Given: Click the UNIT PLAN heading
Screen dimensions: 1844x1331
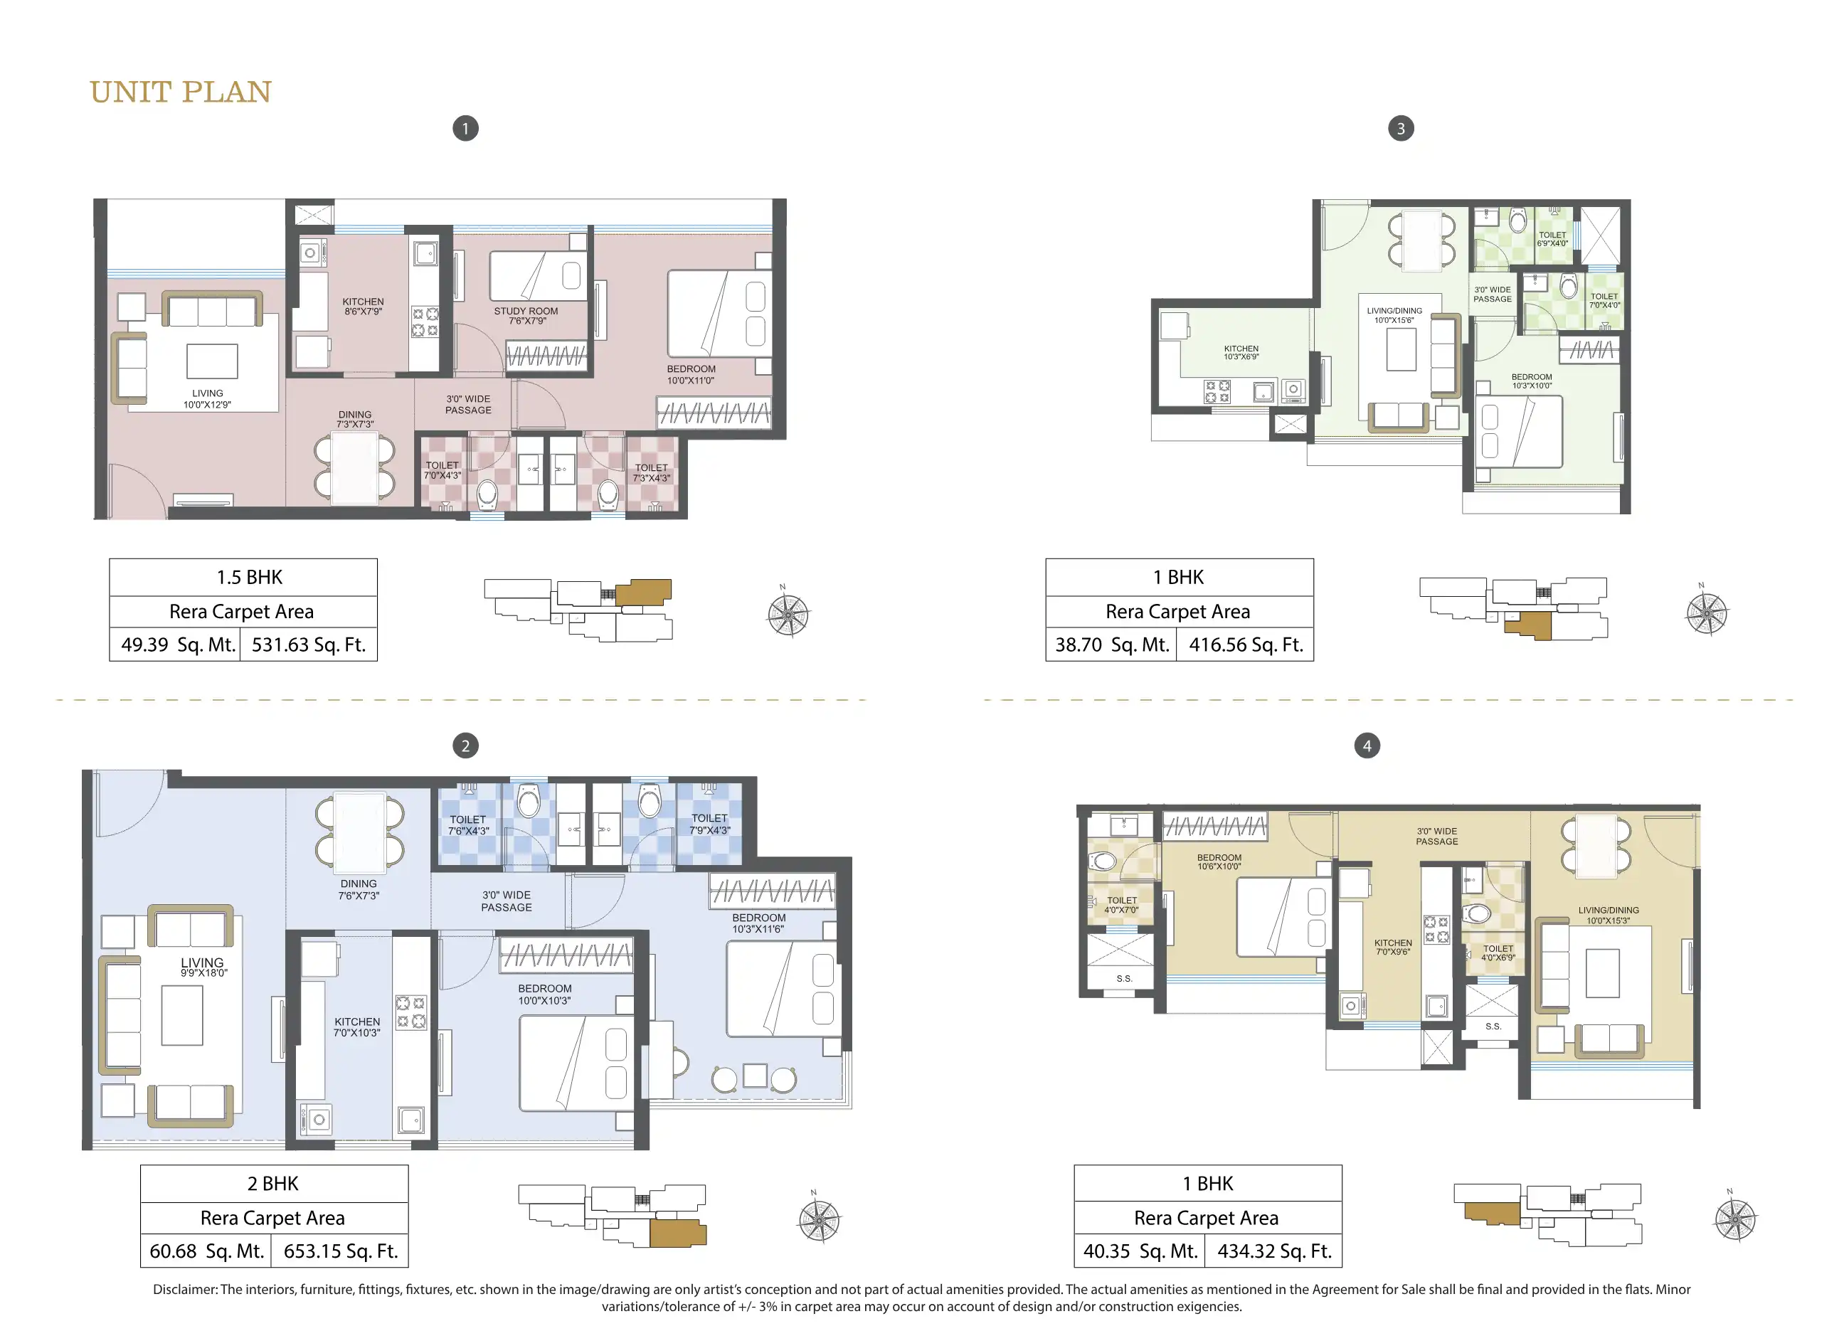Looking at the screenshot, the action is coord(181,92).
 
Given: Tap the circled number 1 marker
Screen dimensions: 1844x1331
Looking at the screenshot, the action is coord(465,129).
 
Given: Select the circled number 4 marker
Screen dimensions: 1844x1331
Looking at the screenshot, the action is coord(1367,746).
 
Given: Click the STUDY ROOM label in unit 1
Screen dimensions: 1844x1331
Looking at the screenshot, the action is coord(526,311).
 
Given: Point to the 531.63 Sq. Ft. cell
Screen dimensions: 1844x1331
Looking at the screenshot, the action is coord(309,645).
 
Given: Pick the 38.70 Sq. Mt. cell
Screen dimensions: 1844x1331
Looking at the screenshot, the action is coord(1111,645).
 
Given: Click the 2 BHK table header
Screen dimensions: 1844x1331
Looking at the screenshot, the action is coord(274,1184).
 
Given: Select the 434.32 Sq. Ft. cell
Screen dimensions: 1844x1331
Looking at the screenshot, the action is coord(1274,1251).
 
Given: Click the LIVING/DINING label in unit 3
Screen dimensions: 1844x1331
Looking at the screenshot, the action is coord(1394,311).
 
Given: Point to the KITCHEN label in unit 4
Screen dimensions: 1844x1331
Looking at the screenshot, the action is coord(1393,943).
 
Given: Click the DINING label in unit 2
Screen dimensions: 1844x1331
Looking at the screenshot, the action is coord(359,884).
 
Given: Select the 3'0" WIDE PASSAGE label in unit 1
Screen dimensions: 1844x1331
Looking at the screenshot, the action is coord(468,405).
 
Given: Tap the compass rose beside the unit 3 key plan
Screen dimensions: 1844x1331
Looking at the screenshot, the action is coord(1707,613).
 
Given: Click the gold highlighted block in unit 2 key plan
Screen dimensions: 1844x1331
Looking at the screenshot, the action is coord(678,1234).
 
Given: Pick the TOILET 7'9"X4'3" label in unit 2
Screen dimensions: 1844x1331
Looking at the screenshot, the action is coord(710,824).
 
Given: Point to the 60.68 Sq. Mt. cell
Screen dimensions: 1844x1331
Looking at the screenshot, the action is coord(206,1251).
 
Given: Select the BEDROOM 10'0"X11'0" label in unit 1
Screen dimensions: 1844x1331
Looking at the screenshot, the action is coord(691,375).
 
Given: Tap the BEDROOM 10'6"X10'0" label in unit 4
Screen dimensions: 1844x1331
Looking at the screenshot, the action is coord(1219,862).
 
